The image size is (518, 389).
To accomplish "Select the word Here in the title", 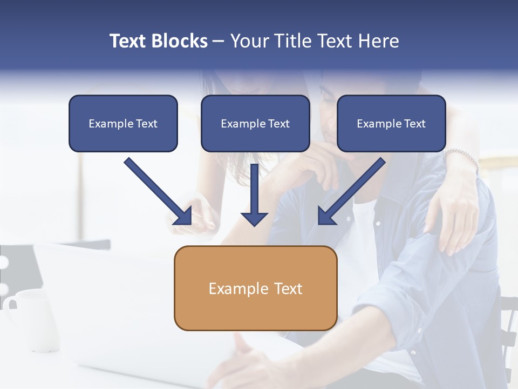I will click(x=378, y=41).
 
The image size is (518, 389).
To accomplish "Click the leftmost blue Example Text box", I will click(x=123, y=123).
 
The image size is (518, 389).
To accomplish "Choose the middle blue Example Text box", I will click(x=255, y=123).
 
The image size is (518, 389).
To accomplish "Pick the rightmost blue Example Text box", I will click(x=391, y=123).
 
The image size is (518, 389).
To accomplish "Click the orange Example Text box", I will click(x=255, y=288).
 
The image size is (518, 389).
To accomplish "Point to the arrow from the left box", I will click(x=156, y=190).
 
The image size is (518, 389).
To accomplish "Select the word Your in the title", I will click(x=250, y=41).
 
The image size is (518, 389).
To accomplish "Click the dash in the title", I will click(x=219, y=42).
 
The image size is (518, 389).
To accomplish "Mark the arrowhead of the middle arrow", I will click(x=254, y=218).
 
